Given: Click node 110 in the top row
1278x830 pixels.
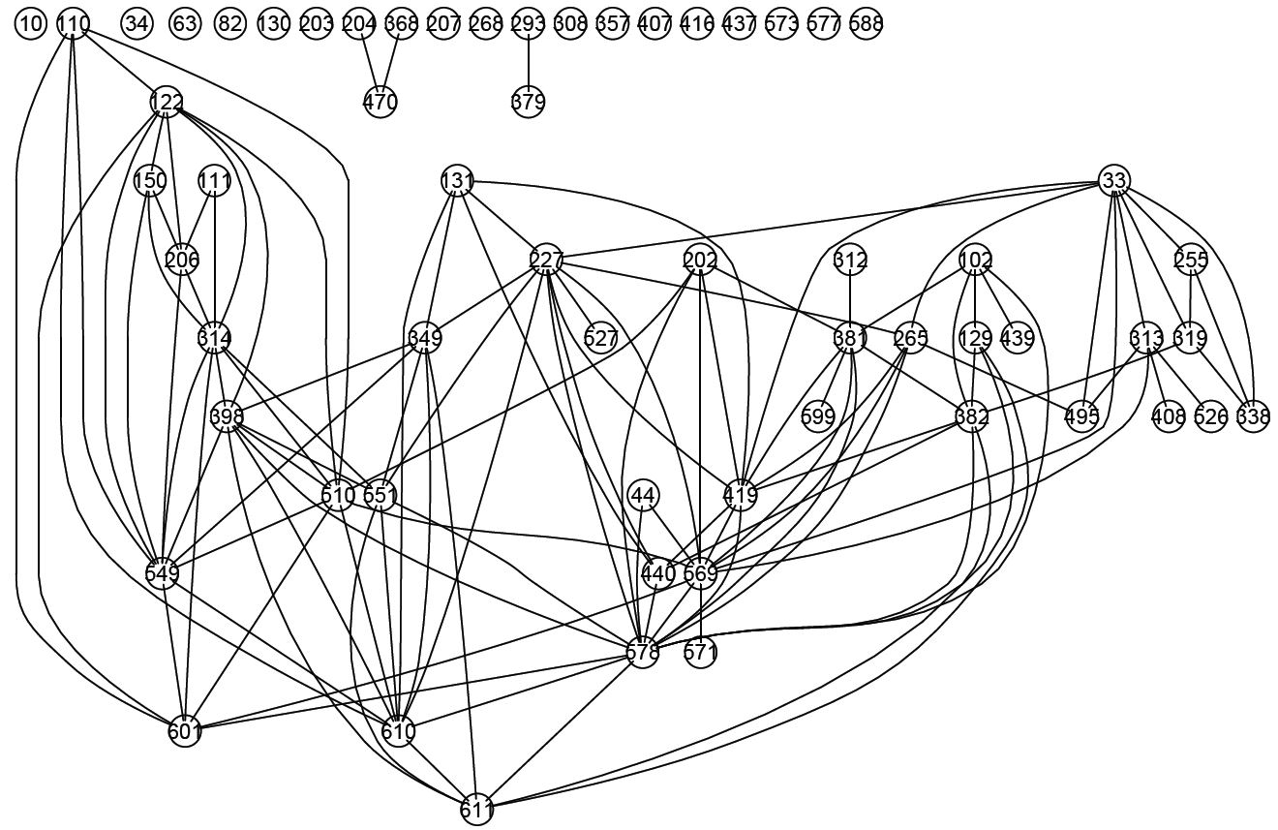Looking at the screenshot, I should (x=74, y=24).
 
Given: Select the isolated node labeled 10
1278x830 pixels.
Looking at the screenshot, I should (x=31, y=24).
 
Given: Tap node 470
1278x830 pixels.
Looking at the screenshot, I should (x=380, y=101).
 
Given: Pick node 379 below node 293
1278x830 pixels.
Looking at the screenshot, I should (x=528, y=101).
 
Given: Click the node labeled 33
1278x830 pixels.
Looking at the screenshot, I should (x=1114, y=180).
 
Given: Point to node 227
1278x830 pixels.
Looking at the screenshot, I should (x=547, y=260).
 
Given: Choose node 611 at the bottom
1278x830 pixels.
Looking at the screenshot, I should (x=477, y=809).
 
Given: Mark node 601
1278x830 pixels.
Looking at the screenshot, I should (x=184, y=730).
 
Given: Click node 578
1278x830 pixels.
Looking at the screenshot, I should (x=643, y=652).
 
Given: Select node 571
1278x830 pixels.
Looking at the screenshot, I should (x=700, y=652).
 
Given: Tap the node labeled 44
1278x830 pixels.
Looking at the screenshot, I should (x=643, y=495).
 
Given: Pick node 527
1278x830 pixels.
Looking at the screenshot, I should (x=601, y=338).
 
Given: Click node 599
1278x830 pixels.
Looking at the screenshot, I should (x=818, y=416).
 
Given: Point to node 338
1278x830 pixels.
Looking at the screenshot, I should (x=1253, y=416).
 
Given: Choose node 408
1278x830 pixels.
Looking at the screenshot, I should (x=1169, y=416).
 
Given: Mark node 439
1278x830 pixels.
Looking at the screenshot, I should (x=1017, y=338).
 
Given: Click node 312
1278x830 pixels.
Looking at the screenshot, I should (x=850, y=260).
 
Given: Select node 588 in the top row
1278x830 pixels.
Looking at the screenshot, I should (x=866, y=24).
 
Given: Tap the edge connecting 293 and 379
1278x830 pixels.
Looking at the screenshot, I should (x=528, y=63).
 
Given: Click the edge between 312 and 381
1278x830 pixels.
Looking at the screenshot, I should (x=850, y=298).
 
